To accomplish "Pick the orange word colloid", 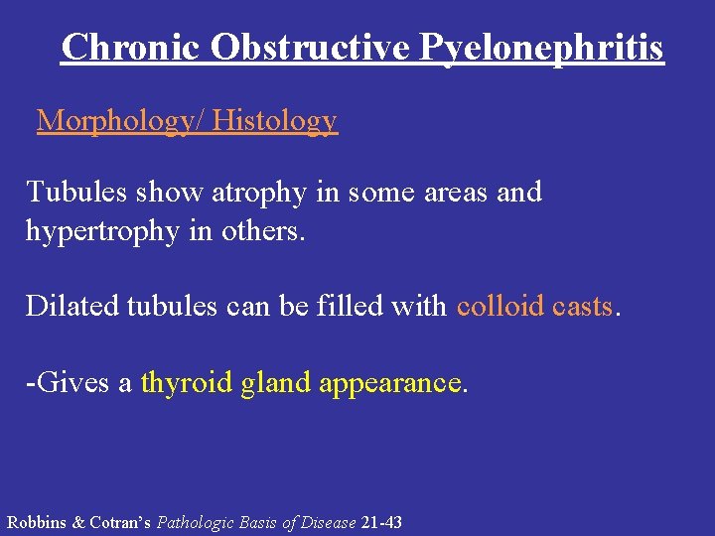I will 497,306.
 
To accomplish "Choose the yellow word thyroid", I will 188,382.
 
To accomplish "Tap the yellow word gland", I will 277,382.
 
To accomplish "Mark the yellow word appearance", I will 391,382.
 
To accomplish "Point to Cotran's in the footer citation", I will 119,522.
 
